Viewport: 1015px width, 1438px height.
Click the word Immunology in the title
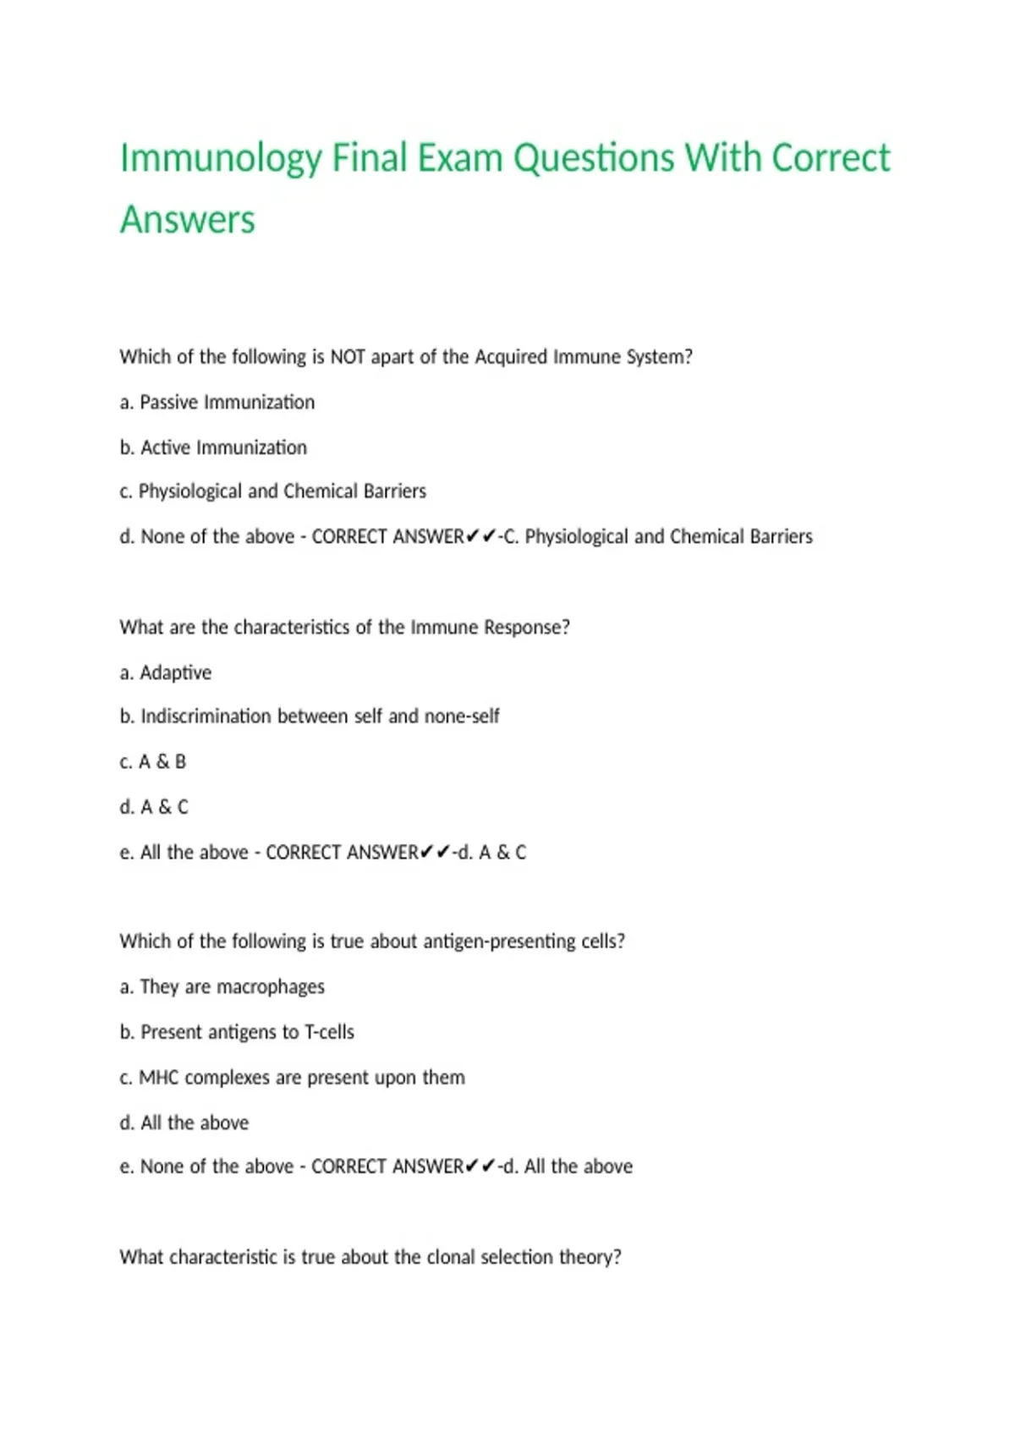(221, 159)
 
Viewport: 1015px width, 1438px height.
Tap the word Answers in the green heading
(187, 220)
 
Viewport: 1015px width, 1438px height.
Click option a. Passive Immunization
(217, 403)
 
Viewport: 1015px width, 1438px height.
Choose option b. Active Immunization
(213, 447)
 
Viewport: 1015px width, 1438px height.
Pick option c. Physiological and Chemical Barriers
(272, 491)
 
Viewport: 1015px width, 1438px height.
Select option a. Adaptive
(166, 672)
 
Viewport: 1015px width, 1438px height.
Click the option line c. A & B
(153, 762)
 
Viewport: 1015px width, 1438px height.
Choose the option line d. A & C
(154, 807)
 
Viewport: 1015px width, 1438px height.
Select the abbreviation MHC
(159, 1078)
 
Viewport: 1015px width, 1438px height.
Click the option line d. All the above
(184, 1122)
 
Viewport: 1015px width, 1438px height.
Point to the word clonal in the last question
(451, 1257)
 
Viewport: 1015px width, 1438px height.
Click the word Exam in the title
(462, 159)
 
